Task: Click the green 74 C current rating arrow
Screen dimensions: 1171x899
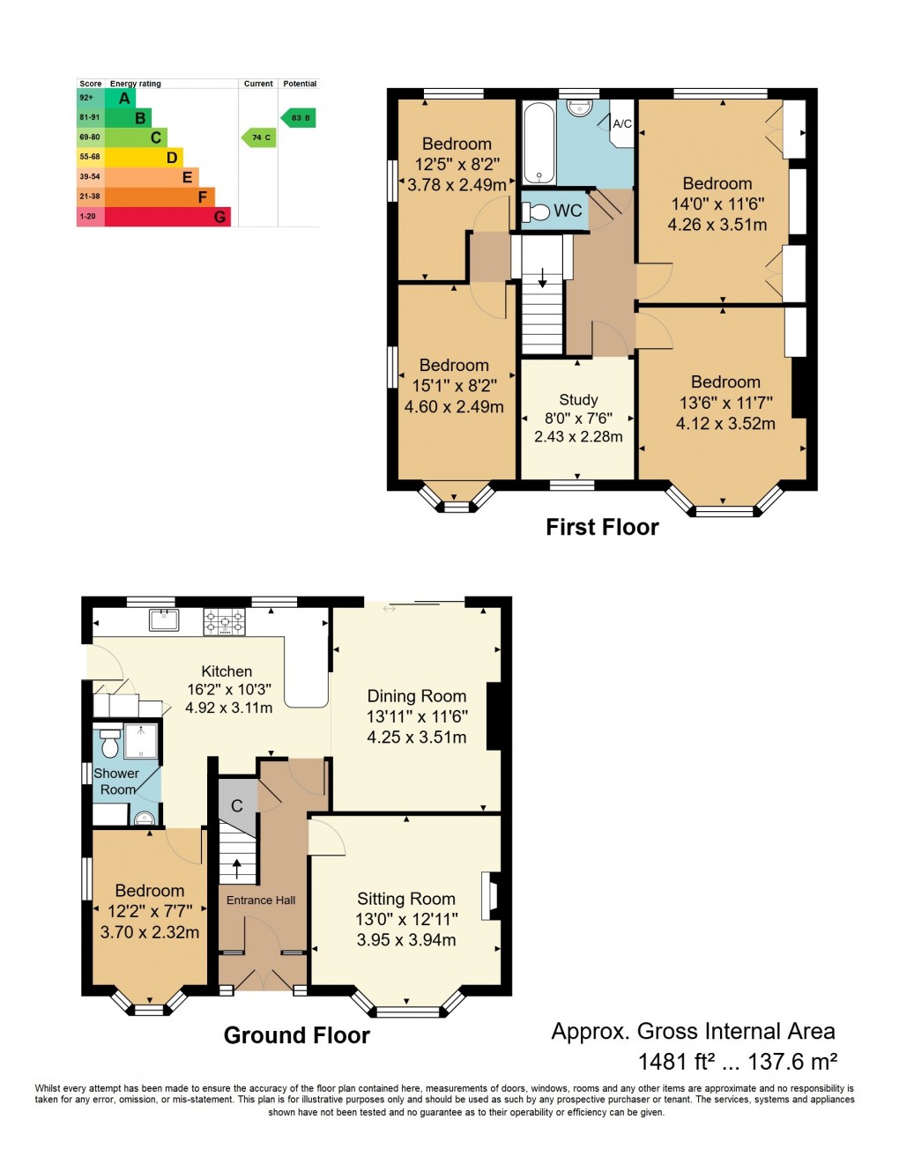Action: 259,137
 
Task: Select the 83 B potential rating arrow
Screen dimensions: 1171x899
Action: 299,117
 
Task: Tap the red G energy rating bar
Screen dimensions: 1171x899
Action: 167,217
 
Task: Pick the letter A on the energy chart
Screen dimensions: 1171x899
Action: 124,99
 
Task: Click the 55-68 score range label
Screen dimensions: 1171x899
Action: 90,157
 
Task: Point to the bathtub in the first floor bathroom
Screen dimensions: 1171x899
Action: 539,143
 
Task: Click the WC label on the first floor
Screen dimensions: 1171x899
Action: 568,211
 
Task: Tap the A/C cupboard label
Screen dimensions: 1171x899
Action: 622,123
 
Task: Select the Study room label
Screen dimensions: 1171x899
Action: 578,399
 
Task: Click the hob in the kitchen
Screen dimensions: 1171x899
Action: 224,622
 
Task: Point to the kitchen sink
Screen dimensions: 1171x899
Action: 164,619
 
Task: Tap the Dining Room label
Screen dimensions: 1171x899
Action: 417,696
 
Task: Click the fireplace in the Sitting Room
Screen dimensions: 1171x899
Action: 489,896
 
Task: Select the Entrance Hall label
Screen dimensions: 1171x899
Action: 261,900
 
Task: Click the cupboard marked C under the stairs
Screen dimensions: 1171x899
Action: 236,805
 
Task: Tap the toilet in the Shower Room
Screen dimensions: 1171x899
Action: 110,745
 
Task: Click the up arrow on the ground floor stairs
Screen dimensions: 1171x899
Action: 236,868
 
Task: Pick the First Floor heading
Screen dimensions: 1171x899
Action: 602,527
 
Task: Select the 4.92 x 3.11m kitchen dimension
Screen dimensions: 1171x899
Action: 229,708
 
